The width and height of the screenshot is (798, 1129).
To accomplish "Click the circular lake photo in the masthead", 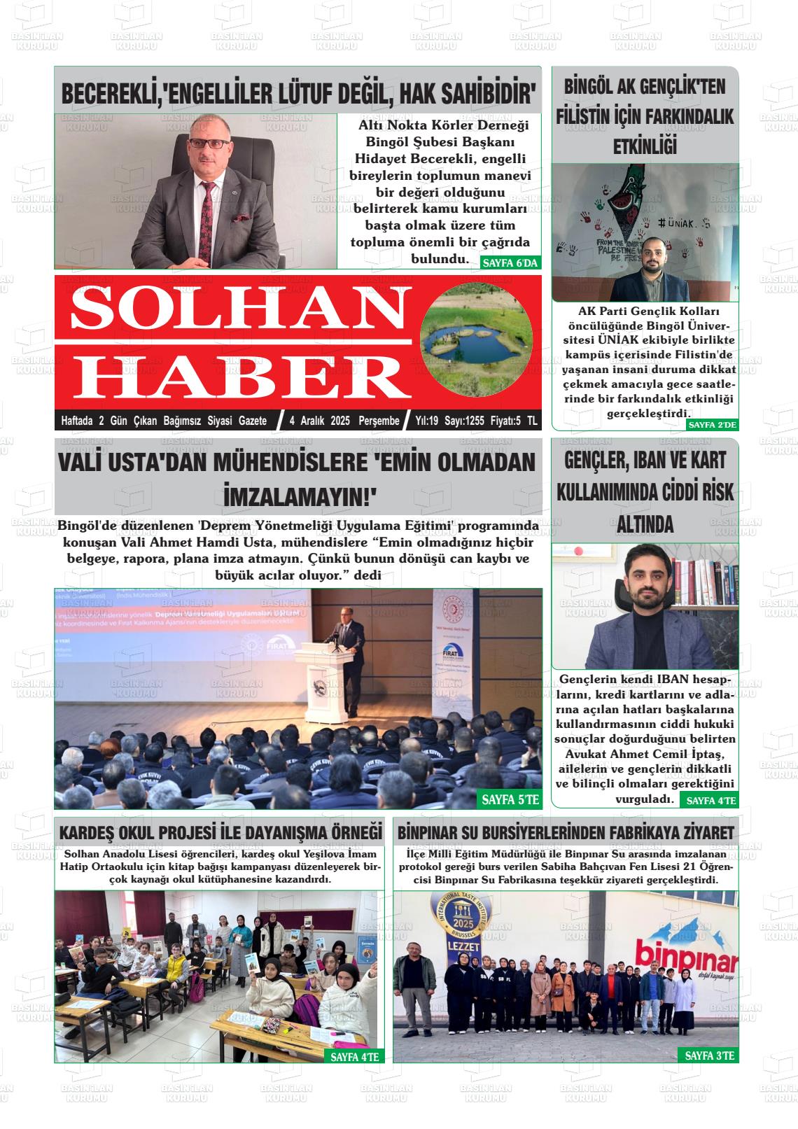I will click(474, 340).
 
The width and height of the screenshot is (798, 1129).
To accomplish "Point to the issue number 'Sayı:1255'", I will click(465, 421).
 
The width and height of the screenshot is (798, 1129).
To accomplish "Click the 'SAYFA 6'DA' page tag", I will click(510, 263).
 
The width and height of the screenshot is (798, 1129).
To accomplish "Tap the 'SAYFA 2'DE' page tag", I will click(713, 425).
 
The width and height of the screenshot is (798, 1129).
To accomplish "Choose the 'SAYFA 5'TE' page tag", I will click(510, 799).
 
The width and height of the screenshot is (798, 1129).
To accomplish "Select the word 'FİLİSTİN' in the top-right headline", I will click(582, 117).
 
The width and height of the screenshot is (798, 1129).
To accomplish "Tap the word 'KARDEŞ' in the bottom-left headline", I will click(87, 833).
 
